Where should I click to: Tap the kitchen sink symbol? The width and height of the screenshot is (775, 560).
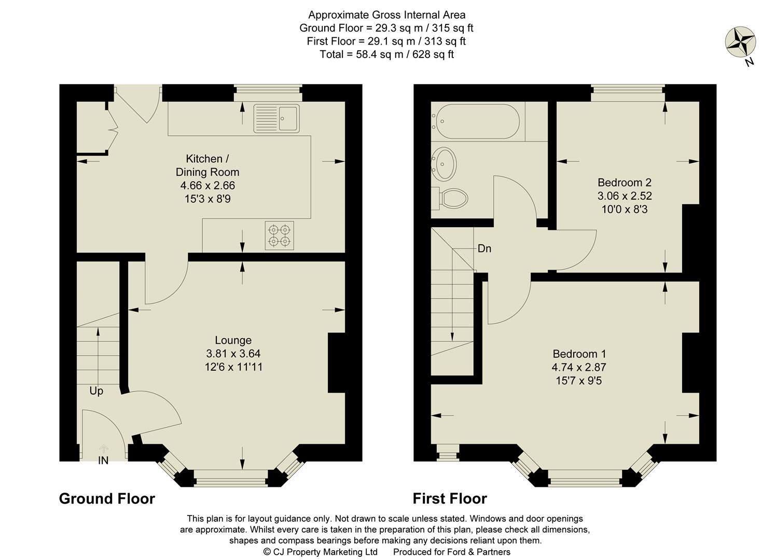pyautogui.click(x=276, y=118)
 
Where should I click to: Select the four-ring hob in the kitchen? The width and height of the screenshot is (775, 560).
pyautogui.click(x=279, y=235)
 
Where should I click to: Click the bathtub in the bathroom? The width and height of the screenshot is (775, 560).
pyautogui.click(x=478, y=121)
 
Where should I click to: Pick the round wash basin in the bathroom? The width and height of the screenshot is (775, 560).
pyautogui.click(x=445, y=162)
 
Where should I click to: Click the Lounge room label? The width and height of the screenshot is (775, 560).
pyautogui.click(x=233, y=340)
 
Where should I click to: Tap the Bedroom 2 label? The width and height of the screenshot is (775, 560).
pyautogui.click(x=624, y=183)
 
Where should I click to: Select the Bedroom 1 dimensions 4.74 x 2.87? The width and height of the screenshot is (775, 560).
pyautogui.click(x=579, y=367)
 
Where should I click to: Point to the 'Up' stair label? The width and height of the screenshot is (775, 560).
pyautogui.click(x=96, y=391)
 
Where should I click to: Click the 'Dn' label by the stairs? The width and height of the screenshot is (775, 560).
pyautogui.click(x=484, y=249)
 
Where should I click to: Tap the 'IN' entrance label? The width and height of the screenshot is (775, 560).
pyautogui.click(x=103, y=460)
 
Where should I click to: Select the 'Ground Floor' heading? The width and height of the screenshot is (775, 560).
pyautogui.click(x=107, y=498)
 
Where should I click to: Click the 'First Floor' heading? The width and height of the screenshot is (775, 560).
pyautogui.click(x=449, y=498)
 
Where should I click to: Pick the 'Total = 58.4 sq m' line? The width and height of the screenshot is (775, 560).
pyautogui.click(x=386, y=54)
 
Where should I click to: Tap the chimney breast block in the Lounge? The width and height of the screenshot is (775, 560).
pyautogui.click(x=336, y=363)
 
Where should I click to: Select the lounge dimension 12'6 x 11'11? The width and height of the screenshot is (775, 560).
pyautogui.click(x=233, y=367)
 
